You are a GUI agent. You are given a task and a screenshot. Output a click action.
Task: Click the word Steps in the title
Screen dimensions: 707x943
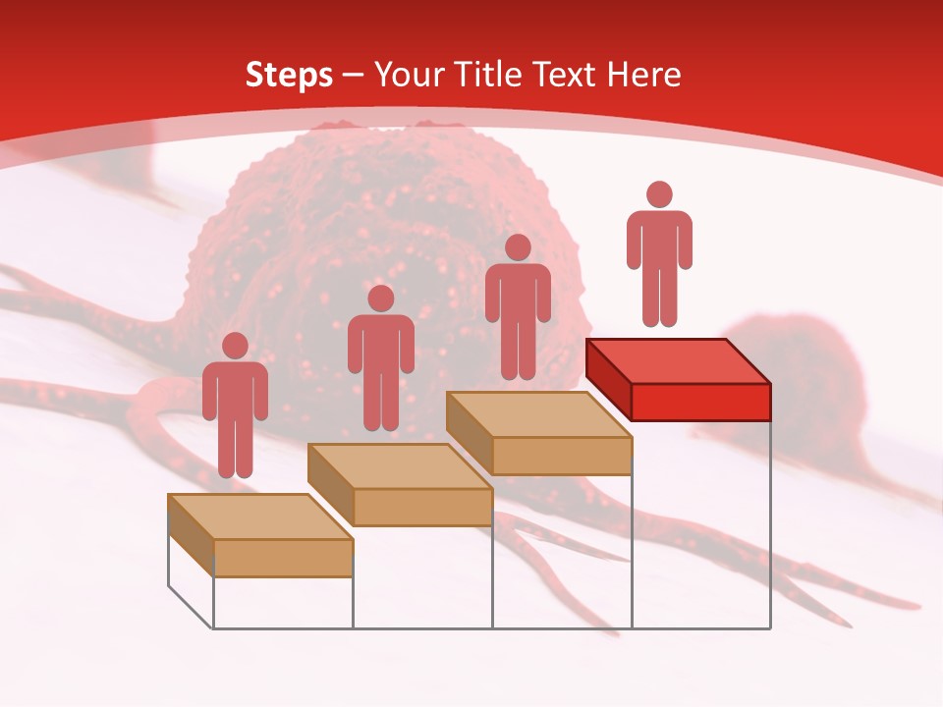click(x=289, y=75)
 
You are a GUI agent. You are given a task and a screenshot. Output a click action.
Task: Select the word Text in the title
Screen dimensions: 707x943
click(x=564, y=75)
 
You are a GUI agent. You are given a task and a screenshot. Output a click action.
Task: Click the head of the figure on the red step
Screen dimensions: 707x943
click(x=659, y=194)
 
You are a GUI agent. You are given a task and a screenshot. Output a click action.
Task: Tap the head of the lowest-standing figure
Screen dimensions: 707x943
click(x=235, y=346)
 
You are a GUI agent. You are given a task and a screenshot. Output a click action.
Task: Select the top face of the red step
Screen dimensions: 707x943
click(x=678, y=360)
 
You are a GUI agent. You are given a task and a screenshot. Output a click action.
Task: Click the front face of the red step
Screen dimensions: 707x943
click(x=700, y=402)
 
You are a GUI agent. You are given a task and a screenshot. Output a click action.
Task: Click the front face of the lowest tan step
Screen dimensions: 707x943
click(x=283, y=558)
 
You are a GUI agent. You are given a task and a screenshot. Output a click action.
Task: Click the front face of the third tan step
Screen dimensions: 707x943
click(x=561, y=456)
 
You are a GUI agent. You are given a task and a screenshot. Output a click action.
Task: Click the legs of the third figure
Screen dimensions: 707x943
click(x=519, y=353)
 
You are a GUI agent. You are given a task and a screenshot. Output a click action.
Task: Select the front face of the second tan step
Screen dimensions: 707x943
click(x=422, y=507)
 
